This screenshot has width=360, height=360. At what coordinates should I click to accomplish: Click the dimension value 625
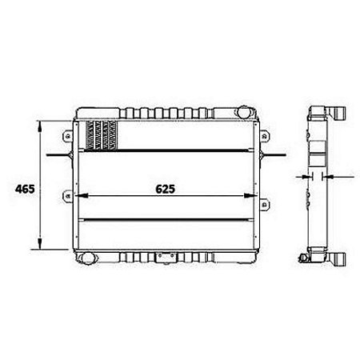click(165, 190)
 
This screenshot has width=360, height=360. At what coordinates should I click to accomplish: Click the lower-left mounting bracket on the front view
click(70, 195)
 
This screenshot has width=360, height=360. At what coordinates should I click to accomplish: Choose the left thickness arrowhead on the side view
click(307, 177)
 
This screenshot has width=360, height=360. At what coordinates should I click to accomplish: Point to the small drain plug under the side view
click(303, 258)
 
